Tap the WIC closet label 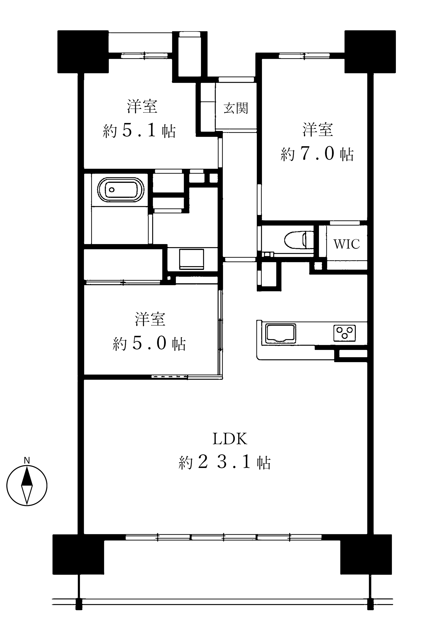coord(346,244)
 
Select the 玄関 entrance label coord(236,108)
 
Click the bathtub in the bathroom coord(120,190)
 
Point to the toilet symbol coord(298,239)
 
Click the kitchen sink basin coord(280,333)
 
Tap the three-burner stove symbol coord(344,333)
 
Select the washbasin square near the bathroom coord(191,259)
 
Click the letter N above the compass coord(27,460)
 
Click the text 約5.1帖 coord(139,131)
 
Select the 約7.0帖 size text coord(317,154)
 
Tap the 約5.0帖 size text coord(149,343)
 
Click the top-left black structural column coord(83,52)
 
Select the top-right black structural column coord(370,52)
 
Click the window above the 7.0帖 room coord(304,56)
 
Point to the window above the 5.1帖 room coord(144,56)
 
